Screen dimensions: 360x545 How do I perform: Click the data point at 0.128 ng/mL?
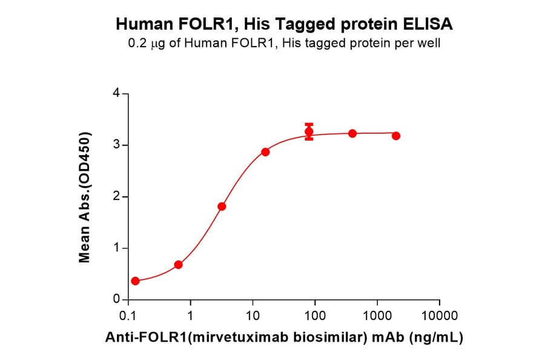(x=135, y=281)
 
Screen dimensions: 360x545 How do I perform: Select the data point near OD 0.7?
(x=178, y=265)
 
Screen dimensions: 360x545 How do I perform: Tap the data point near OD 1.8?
(x=222, y=207)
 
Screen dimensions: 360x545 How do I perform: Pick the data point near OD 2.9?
(x=265, y=152)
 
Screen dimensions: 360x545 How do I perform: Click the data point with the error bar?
(x=309, y=132)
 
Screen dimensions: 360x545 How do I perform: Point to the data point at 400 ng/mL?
(x=352, y=133)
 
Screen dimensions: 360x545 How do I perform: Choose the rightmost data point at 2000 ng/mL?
(x=396, y=136)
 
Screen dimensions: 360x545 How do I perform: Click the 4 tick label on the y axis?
(x=117, y=94)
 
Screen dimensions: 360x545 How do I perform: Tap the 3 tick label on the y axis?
(x=117, y=145)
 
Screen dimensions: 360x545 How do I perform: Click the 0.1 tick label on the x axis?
(x=128, y=316)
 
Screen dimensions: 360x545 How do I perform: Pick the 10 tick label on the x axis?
(x=253, y=316)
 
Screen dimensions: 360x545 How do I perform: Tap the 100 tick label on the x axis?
(x=315, y=316)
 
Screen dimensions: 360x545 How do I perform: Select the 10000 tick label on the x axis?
(x=439, y=316)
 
